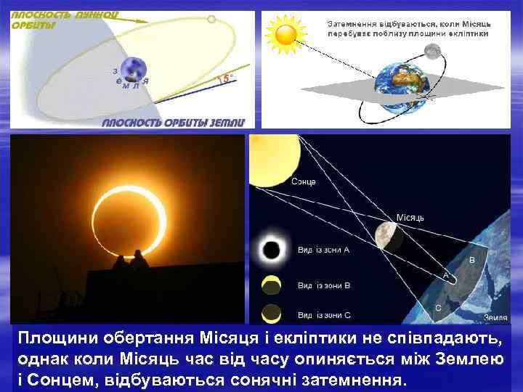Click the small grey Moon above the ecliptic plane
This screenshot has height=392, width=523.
pos(433,51)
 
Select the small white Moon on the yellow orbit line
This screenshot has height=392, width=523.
pos(211,20)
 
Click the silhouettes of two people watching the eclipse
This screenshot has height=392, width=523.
pos(131,261)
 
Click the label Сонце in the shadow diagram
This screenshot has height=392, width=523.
pos(304,181)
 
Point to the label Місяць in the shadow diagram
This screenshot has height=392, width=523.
pos(410,216)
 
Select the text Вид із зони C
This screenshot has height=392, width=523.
pos(324,315)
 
